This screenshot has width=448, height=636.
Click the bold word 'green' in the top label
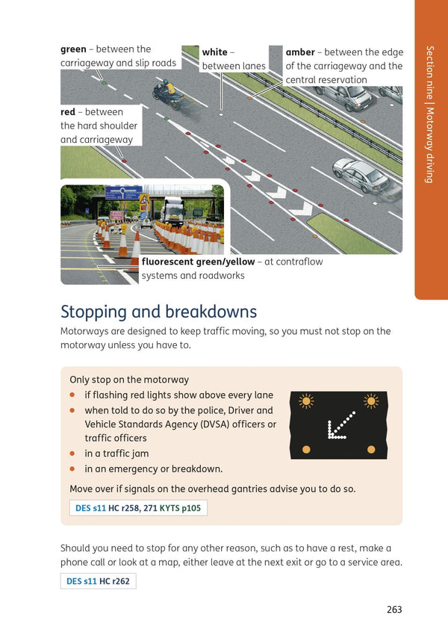[73, 49]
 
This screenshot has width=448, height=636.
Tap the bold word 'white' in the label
[215, 52]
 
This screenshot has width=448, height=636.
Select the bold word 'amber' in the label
[299, 52]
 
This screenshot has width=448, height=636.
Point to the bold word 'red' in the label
[68, 112]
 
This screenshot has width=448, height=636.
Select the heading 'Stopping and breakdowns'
[158, 311]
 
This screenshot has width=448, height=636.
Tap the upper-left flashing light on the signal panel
[306, 401]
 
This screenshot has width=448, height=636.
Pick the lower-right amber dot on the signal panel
[371, 449]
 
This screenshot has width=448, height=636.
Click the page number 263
[394, 609]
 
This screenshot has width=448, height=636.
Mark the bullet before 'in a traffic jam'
[73, 453]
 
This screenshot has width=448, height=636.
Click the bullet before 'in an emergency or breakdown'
[73, 469]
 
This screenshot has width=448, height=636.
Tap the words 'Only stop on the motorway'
[129, 380]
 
